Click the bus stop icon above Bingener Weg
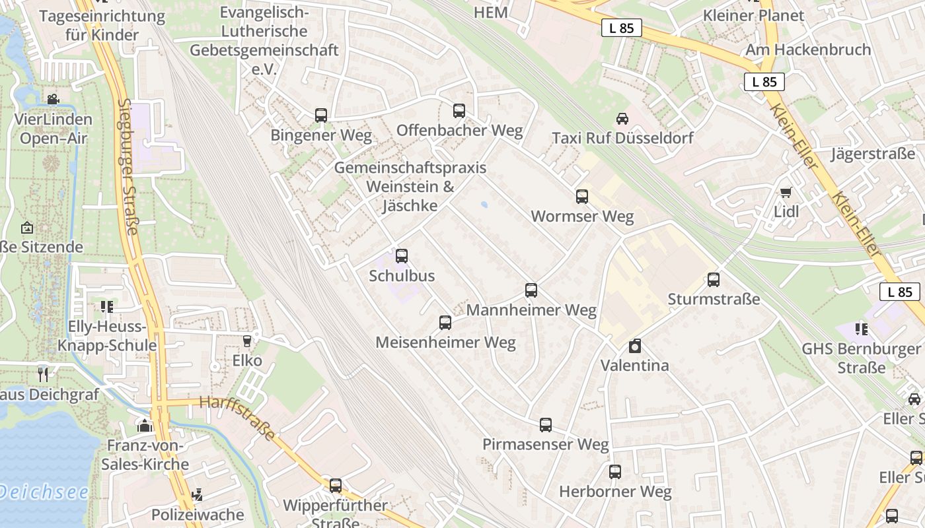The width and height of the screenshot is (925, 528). coord(321,115)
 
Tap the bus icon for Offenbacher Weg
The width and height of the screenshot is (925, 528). coord(459,110)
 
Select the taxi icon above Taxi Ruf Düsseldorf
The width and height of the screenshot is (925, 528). coord(622,119)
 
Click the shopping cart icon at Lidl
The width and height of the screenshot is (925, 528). coord(786,192)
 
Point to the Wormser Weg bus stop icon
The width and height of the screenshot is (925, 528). coord(582,196)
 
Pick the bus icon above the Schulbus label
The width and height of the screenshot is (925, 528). coord(402,256)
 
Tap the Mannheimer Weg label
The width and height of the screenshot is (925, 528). coord(531,310)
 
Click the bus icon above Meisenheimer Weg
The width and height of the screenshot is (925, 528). coord(445,323)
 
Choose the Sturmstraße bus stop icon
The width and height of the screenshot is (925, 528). coord(714,279)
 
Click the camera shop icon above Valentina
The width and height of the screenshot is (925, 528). coord(635,346)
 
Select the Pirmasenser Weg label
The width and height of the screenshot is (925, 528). coord(545,444)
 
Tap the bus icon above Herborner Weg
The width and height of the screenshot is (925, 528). coord(615,472)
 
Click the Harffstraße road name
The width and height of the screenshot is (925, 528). coord(237,418)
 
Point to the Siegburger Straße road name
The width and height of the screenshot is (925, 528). coord(128,166)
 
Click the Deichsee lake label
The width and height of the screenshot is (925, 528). coord(44,492)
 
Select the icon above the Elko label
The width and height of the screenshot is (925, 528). coord(247,341)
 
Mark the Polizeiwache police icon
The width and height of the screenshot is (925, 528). coord(196,495)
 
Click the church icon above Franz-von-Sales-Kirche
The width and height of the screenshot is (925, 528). coord(145,425)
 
